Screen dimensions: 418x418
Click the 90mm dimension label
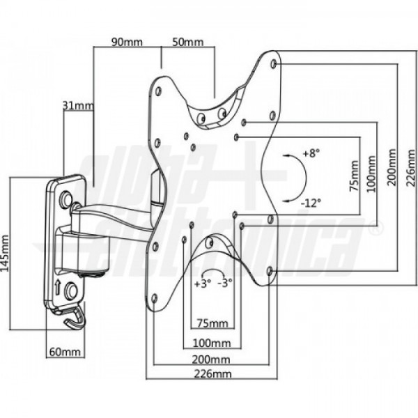(127, 42)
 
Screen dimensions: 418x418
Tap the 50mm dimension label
(188, 42)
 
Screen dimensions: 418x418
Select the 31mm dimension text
(77, 106)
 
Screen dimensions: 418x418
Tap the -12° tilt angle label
(311, 203)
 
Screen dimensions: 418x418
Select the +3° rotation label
(201, 284)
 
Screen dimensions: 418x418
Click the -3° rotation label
(224, 284)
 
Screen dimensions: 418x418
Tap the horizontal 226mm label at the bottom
(213, 375)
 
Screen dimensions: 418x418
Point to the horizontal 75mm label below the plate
(212, 323)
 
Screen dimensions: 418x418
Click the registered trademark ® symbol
(377, 227)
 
